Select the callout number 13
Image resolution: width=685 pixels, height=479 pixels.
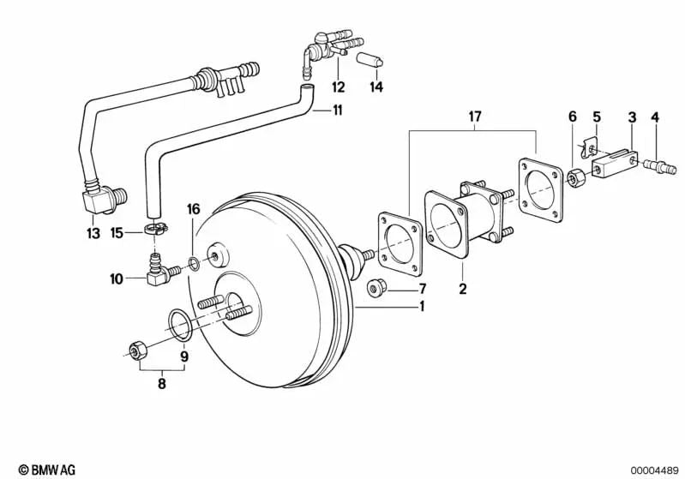[93, 233]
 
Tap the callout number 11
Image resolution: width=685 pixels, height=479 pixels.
[337, 111]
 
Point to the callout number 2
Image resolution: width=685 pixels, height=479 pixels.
[463, 289]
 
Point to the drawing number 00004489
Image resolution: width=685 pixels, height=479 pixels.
[653, 470]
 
